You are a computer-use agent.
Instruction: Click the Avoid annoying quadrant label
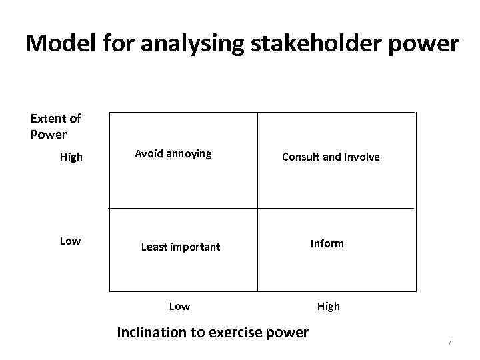[x=173, y=153]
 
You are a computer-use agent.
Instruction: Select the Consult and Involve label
[x=331, y=157]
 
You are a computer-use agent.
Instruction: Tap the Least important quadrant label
[x=180, y=247]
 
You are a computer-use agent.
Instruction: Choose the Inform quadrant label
[x=327, y=243]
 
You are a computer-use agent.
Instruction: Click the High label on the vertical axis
[x=71, y=157]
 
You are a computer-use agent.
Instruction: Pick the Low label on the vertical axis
[x=70, y=241]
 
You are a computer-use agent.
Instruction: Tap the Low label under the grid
[x=179, y=306]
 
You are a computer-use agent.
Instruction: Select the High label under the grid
[x=328, y=306]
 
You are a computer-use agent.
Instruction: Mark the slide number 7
[x=449, y=343]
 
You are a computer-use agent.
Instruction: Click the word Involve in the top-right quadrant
[x=362, y=157]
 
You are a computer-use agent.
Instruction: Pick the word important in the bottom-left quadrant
[x=194, y=247]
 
